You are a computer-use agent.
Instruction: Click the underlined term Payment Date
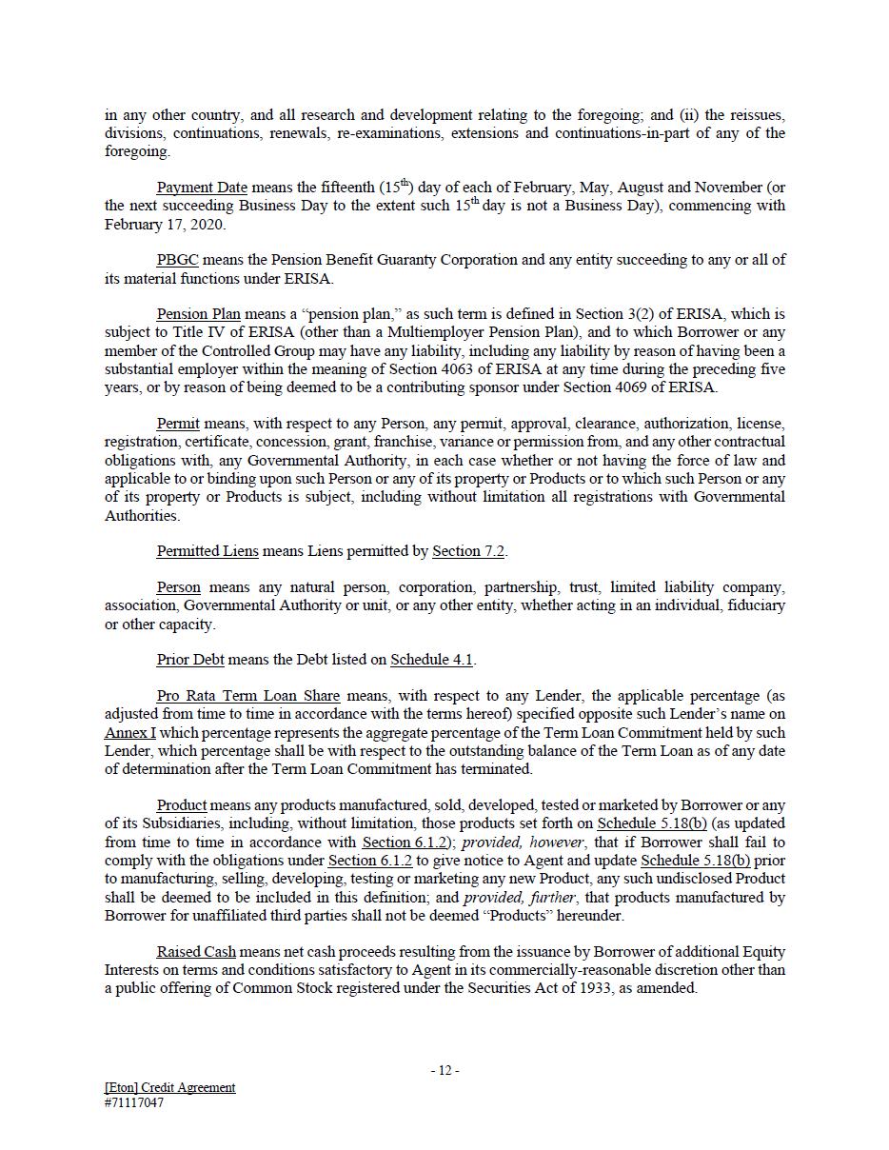coord(202,188)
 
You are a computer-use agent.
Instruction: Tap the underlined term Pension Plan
coord(199,314)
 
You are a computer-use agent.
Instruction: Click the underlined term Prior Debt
coord(190,660)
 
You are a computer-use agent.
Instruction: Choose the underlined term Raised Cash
coord(196,952)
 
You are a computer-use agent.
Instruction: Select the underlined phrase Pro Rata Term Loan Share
coord(248,696)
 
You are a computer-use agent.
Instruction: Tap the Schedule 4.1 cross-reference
coord(432,660)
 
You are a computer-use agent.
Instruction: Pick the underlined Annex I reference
coord(130,733)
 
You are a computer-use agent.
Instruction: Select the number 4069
coord(619,387)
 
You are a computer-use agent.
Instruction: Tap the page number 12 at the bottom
coord(444,1070)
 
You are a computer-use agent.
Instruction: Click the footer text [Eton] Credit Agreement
coord(170,1087)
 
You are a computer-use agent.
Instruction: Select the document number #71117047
coord(134,1103)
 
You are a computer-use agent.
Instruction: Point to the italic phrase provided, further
coord(520,897)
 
